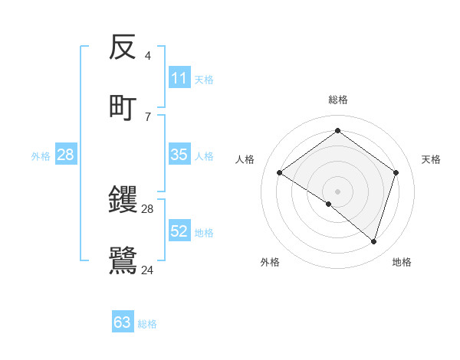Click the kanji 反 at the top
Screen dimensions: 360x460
click(x=123, y=47)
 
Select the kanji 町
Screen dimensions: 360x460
click(x=123, y=107)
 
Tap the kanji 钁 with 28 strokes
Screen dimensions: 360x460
click(x=123, y=201)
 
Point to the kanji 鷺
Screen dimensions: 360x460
click(x=123, y=260)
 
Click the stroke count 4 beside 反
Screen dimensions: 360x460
click(x=148, y=56)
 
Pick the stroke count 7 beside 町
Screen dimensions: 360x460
click(x=148, y=116)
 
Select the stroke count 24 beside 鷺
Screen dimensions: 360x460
click(x=148, y=270)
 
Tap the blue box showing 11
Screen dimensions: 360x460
click(x=179, y=78)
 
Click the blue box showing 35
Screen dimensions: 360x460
click(x=179, y=155)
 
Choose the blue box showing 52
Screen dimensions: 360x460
click(x=179, y=231)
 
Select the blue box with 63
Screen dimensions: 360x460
click(x=123, y=322)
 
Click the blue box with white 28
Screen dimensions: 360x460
click(x=66, y=155)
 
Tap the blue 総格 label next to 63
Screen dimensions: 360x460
click(x=148, y=324)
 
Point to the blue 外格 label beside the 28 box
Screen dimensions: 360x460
click(x=41, y=156)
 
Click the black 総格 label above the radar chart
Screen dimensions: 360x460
click(x=337, y=100)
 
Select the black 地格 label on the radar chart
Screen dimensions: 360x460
click(x=402, y=262)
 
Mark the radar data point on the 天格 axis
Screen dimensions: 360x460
click(x=396, y=172)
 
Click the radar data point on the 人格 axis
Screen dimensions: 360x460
click(x=279, y=172)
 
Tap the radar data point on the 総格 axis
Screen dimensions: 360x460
click(x=337, y=131)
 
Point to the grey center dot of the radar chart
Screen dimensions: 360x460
click(x=337, y=191)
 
